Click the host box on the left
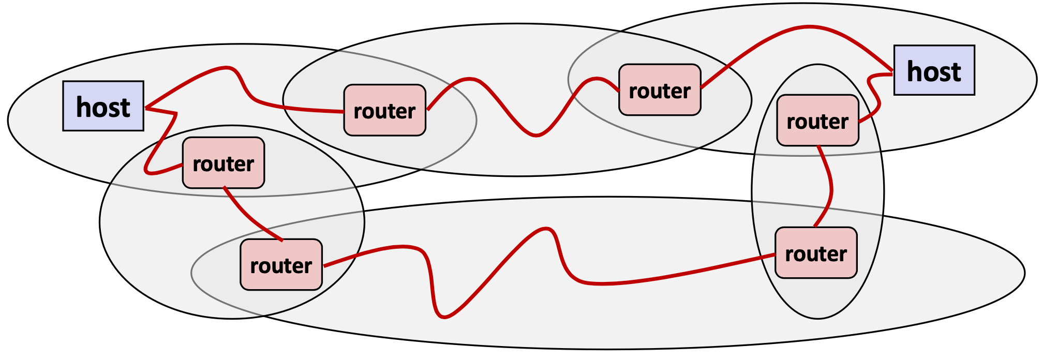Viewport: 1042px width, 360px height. [x=103, y=106]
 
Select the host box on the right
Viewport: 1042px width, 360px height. [x=934, y=70]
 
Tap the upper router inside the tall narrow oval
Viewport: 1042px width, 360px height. [x=817, y=120]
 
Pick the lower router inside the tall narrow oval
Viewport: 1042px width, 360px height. [x=815, y=253]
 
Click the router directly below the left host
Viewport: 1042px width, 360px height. [x=223, y=162]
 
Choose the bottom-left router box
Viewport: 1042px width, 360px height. [x=281, y=264]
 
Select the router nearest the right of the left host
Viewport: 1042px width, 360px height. [x=384, y=110]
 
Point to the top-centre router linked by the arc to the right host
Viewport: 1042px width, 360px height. [x=660, y=90]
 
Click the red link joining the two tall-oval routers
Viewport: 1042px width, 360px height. [x=830, y=186]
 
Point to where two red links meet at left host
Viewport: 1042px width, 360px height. [x=146, y=108]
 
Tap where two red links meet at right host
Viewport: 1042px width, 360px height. [x=892, y=72]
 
